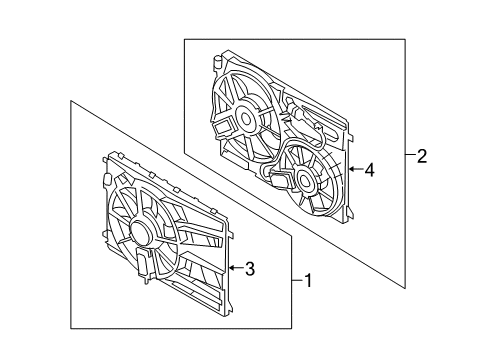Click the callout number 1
point(308,281)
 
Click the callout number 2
point(422,156)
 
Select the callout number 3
point(250,268)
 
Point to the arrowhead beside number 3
point(231,268)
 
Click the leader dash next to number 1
point(296,281)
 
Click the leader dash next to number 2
point(410,156)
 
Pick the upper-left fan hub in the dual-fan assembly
point(242,120)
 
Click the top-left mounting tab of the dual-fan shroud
point(217,63)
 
